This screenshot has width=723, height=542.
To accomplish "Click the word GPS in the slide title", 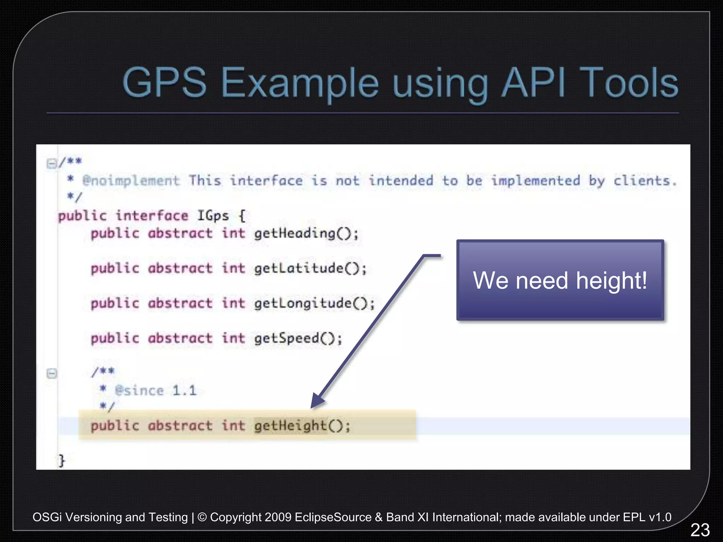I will [x=165, y=83].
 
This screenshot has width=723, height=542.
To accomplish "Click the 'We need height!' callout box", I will [x=560, y=280].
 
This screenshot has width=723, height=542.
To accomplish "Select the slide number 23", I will [x=700, y=530].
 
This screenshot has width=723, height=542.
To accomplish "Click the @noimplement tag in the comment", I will [x=131, y=181].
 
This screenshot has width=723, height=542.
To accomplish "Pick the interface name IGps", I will [x=213, y=216].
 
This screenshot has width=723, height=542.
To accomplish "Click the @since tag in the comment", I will [x=139, y=391].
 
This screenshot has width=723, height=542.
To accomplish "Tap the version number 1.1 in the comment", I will [x=184, y=391].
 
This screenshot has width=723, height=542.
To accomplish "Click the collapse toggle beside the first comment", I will [x=52, y=163].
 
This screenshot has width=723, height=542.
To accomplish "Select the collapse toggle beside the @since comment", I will [x=52, y=373].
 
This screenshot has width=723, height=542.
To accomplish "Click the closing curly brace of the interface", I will [x=62, y=460].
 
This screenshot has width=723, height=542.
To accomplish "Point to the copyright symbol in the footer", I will [x=202, y=517].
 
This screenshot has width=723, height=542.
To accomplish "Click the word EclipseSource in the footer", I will [x=333, y=517].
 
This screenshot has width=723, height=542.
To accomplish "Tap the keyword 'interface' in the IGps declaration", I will [x=152, y=216].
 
